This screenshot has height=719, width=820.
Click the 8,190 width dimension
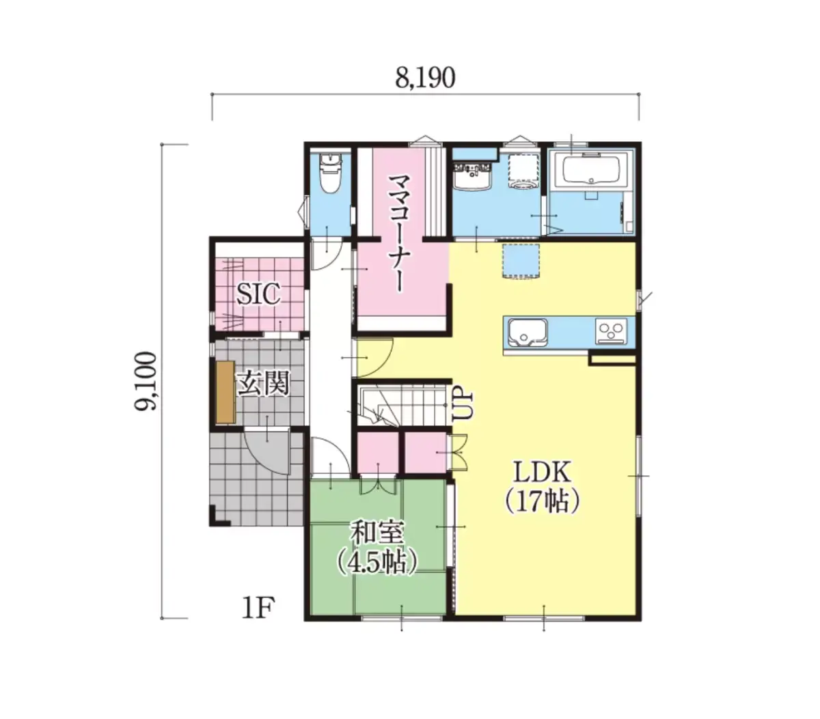pyautogui.click(x=424, y=78)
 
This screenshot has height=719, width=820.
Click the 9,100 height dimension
pyautogui.click(x=146, y=381)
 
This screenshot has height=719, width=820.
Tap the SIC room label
pyautogui.click(x=258, y=294)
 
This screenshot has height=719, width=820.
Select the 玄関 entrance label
pyautogui.click(x=263, y=383)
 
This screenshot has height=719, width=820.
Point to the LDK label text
pyautogui.click(x=542, y=473)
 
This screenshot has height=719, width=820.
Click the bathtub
pyautogui.click(x=591, y=170)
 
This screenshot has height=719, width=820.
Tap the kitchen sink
pyautogui.click(x=528, y=333)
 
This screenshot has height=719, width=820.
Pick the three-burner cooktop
pyautogui.click(x=611, y=331)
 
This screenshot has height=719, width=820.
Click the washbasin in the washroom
pyautogui.click(x=472, y=175)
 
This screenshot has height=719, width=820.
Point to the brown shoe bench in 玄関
pyautogui.click(x=225, y=392)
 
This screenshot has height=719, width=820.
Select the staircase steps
pyautogui.click(x=403, y=404)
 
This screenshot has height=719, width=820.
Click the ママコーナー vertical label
pyautogui.click(x=400, y=233)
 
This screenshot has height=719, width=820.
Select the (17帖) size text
pyautogui.click(x=542, y=501)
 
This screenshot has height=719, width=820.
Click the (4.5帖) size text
pyautogui.click(x=377, y=563)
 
